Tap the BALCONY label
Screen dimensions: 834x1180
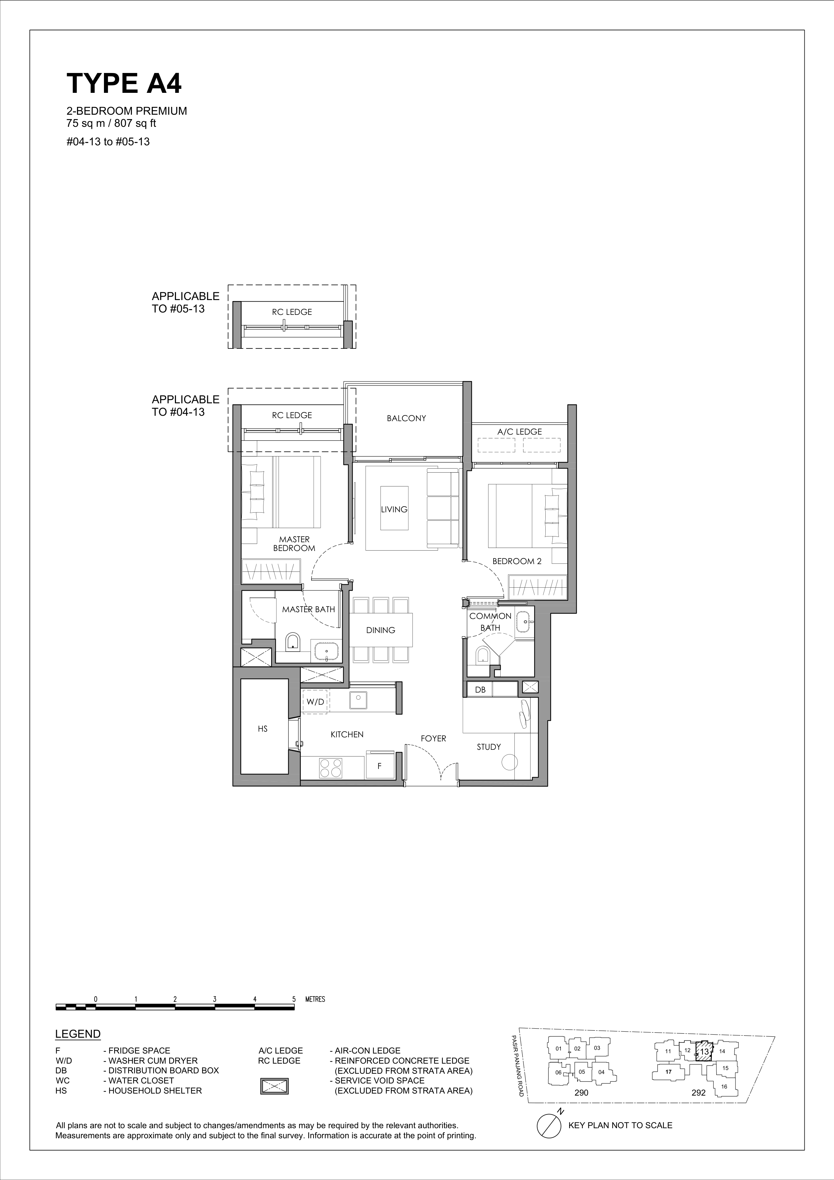pyautogui.click(x=406, y=418)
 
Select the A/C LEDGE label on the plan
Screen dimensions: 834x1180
pyautogui.click(x=519, y=432)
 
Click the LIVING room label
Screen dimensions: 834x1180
pyautogui.click(x=394, y=509)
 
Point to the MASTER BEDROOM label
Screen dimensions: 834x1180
pyautogui.click(x=294, y=544)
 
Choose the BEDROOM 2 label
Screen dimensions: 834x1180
pyautogui.click(x=517, y=561)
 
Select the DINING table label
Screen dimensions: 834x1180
pyautogui.click(x=381, y=630)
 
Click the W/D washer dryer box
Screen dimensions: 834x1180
pyautogui.click(x=315, y=702)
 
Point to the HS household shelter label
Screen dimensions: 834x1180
pyautogui.click(x=263, y=729)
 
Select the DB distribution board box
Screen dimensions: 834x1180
pyautogui.click(x=480, y=690)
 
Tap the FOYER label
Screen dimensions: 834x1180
pyautogui.click(x=433, y=739)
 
